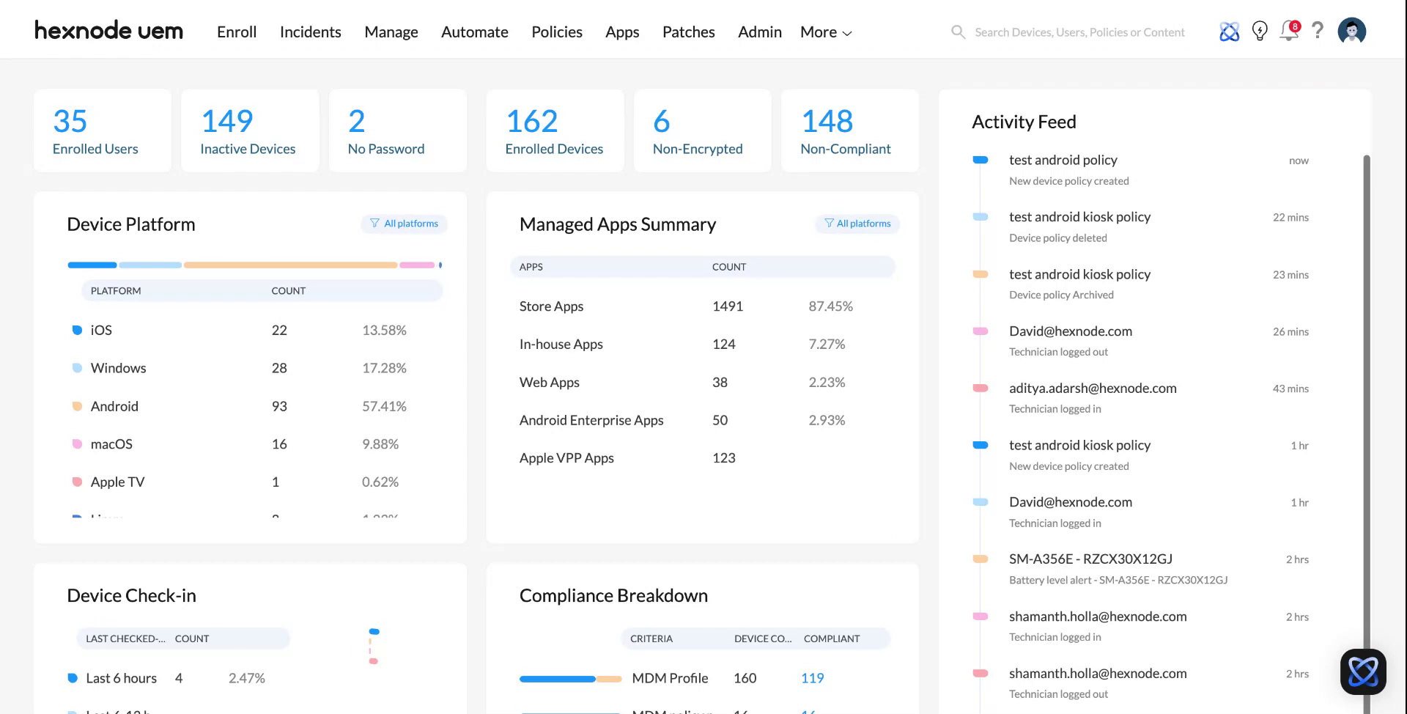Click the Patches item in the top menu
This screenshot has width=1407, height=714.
688,32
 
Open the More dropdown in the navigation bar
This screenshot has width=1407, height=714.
825,32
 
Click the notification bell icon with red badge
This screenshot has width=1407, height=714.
1289,31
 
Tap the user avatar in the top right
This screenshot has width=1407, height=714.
1351,31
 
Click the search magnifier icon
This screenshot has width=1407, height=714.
958,32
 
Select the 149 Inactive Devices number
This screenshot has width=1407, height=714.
227,121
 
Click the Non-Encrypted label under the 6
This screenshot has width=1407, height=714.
698,149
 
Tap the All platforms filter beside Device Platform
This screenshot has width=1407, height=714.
404,224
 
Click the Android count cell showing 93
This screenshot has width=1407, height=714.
279,406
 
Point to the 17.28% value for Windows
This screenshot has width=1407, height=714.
384,368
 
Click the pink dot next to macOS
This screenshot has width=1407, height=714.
77,444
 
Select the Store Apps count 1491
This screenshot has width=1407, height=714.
728,306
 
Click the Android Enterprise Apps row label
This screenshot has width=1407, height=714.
591,420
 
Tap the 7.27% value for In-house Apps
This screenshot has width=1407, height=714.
827,344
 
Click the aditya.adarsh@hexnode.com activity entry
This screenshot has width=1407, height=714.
1093,389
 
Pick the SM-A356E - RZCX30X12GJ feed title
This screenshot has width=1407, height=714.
1090,559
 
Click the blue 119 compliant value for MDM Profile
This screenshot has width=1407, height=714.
812,678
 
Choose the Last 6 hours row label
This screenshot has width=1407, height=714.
122,678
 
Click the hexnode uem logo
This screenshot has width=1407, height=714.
108,31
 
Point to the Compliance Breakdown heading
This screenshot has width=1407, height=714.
613,596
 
